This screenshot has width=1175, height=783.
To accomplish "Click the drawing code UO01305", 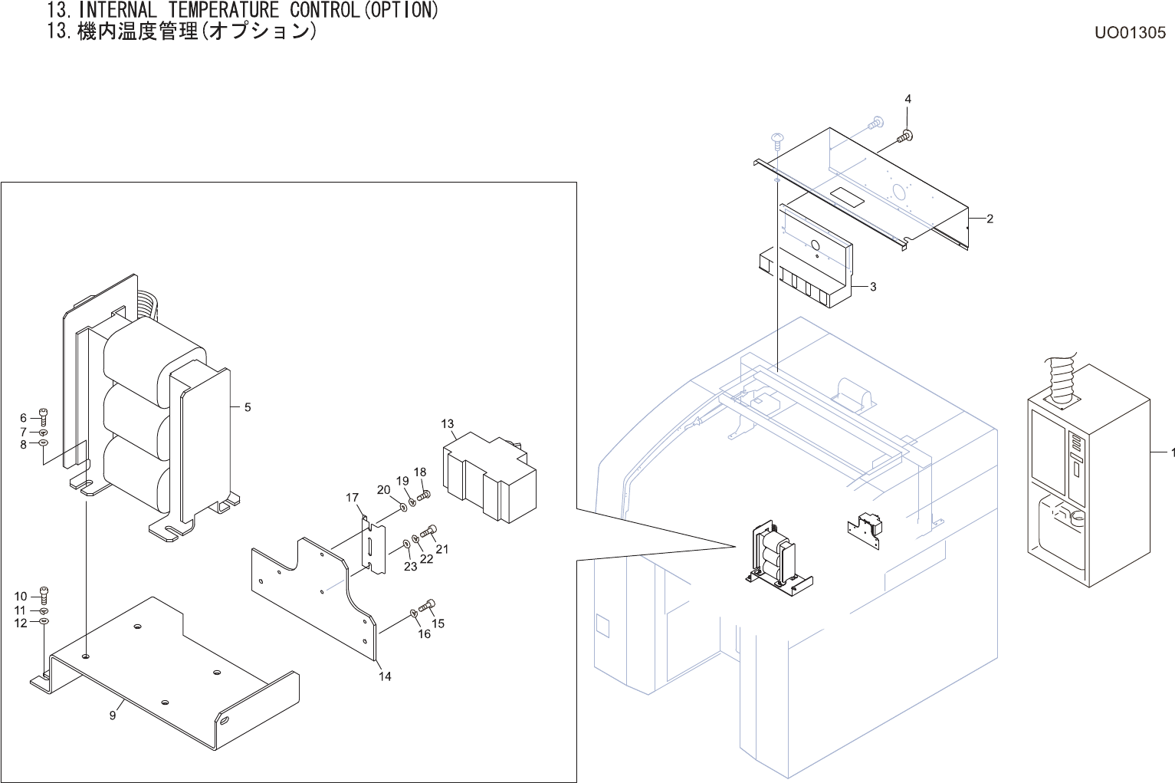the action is (x=1130, y=32).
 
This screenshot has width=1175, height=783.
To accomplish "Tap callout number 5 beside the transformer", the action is (x=248, y=407).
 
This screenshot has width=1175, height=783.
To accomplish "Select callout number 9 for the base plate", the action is (x=113, y=715).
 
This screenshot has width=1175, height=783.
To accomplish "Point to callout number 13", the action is (x=448, y=423).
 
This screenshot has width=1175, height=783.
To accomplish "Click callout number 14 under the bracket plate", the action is (x=385, y=676).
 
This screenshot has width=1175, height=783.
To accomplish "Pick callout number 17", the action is (x=352, y=498).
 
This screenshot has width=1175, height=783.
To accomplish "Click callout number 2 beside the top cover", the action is (x=990, y=219).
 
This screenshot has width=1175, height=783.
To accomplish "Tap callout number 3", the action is (x=873, y=287).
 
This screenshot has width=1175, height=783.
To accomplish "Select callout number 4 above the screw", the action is (x=908, y=99).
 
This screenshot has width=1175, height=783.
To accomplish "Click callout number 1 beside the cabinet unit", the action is (x=1172, y=452).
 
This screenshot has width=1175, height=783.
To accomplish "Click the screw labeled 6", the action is (x=43, y=416).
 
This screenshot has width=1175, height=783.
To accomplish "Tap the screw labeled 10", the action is (x=44, y=594).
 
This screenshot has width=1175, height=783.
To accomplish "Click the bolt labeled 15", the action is (x=428, y=606).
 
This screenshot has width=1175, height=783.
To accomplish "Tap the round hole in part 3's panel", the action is (x=815, y=245).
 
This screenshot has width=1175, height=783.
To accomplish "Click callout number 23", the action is (x=411, y=566).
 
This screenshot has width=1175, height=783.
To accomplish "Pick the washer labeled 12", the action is (x=44, y=622).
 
